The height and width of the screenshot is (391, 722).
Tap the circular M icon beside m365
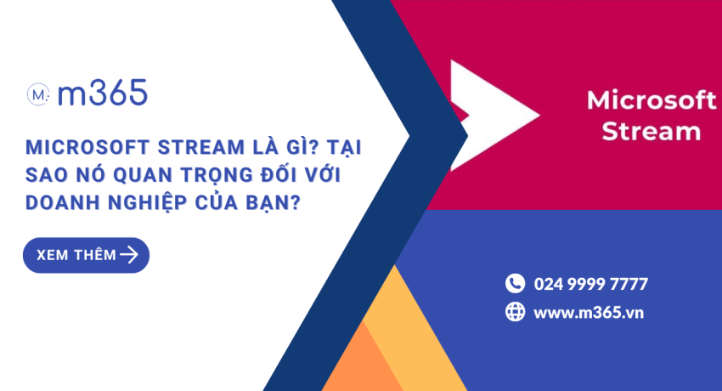(x=38, y=93)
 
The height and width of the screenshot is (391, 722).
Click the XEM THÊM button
(x=86, y=255)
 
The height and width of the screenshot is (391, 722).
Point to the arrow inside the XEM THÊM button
(x=129, y=255)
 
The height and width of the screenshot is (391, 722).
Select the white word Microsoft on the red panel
(x=651, y=101)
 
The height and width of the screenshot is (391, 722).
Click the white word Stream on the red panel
(x=651, y=132)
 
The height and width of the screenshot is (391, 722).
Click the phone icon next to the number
(x=515, y=283)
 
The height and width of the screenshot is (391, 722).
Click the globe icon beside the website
(x=515, y=312)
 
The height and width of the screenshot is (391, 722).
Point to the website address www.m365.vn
(x=589, y=312)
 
